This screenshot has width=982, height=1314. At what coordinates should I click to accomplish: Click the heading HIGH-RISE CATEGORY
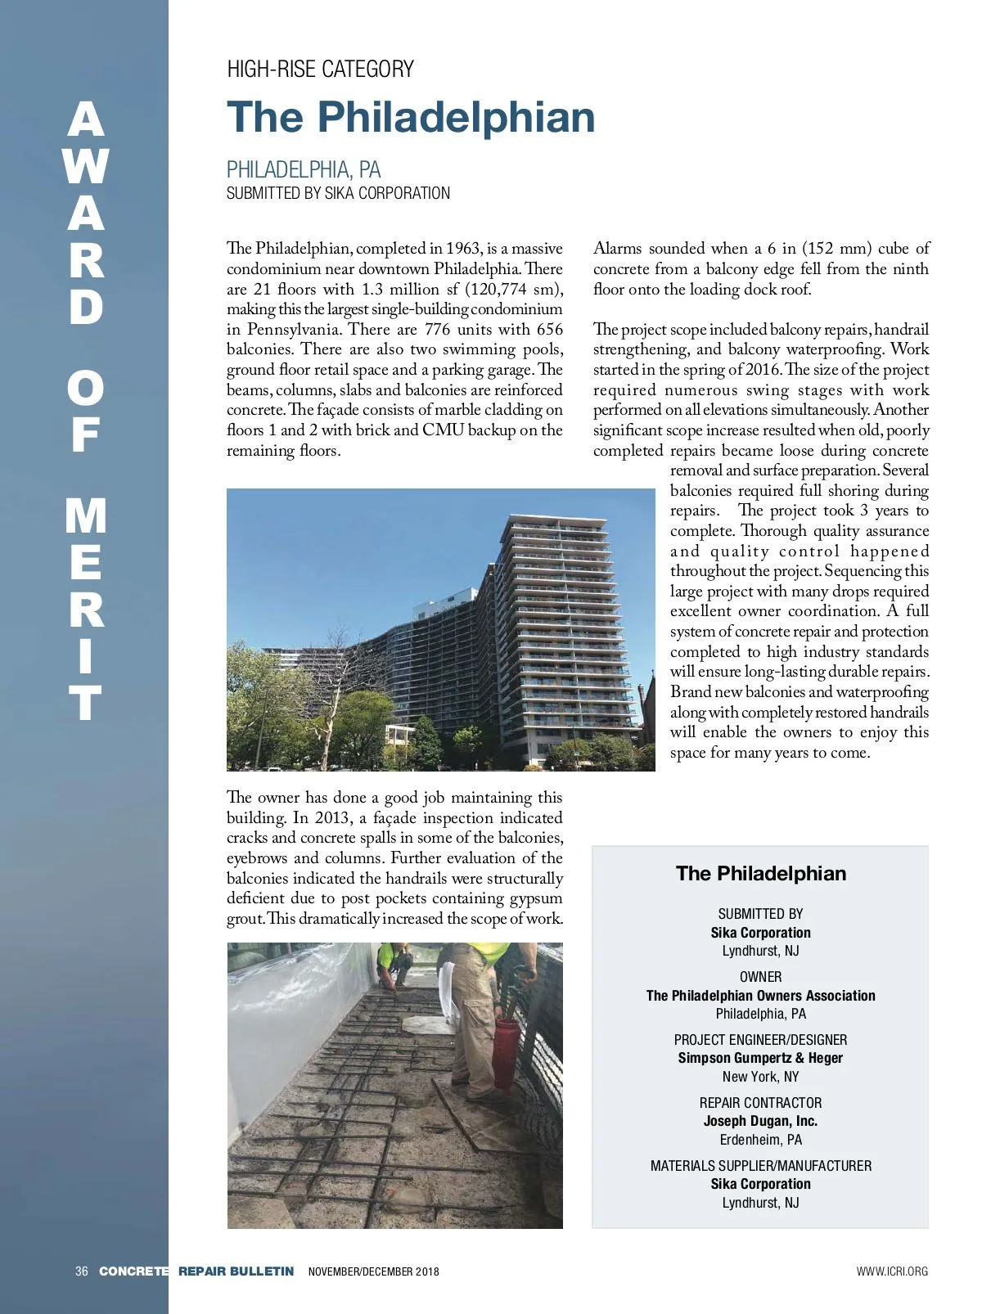click(320, 69)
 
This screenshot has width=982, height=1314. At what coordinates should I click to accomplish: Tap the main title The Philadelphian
click(411, 117)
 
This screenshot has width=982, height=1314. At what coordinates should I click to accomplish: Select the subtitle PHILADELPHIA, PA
click(304, 169)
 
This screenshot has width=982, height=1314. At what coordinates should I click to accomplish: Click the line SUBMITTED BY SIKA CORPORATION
click(338, 193)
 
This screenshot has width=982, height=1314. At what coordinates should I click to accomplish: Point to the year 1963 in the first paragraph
click(463, 248)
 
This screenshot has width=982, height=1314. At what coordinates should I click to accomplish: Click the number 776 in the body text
click(444, 329)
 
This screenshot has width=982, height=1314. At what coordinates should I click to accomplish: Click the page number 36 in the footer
click(81, 1271)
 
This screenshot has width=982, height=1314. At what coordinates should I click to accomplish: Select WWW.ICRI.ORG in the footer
click(892, 1271)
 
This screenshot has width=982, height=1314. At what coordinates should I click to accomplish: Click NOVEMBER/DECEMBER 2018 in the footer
click(373, 1271)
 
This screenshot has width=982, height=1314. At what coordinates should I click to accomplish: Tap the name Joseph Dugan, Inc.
click(760, 1121)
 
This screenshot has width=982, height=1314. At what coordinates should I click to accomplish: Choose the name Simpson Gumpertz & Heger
click(760, 1058)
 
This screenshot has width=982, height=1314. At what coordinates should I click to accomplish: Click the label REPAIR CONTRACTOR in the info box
click(760, 1102)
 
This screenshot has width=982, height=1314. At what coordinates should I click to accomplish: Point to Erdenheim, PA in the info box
click(760, 1140)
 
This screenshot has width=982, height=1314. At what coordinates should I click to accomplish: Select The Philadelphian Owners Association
click(760, 996)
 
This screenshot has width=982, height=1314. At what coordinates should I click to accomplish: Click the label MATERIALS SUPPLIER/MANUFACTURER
click(760, 1165)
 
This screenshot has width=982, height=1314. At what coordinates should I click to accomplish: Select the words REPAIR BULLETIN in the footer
click(236, 1271)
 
